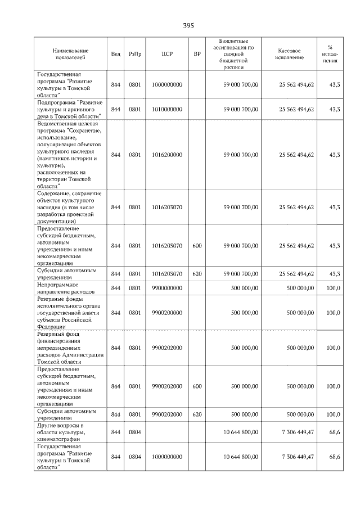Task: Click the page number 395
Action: click(188, 26)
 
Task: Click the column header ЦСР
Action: click(166, 53)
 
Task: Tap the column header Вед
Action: click(115, 53)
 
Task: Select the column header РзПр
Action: click(135, 53)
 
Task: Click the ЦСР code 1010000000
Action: click(167, 109)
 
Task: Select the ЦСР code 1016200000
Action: click(167, 155)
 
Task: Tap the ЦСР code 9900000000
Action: click(167, 288)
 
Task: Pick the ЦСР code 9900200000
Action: click(167, 312)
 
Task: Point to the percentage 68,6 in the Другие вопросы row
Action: click(335, 431)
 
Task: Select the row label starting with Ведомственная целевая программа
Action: click(69, 155)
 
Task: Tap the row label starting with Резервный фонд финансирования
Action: click(69, 348)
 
